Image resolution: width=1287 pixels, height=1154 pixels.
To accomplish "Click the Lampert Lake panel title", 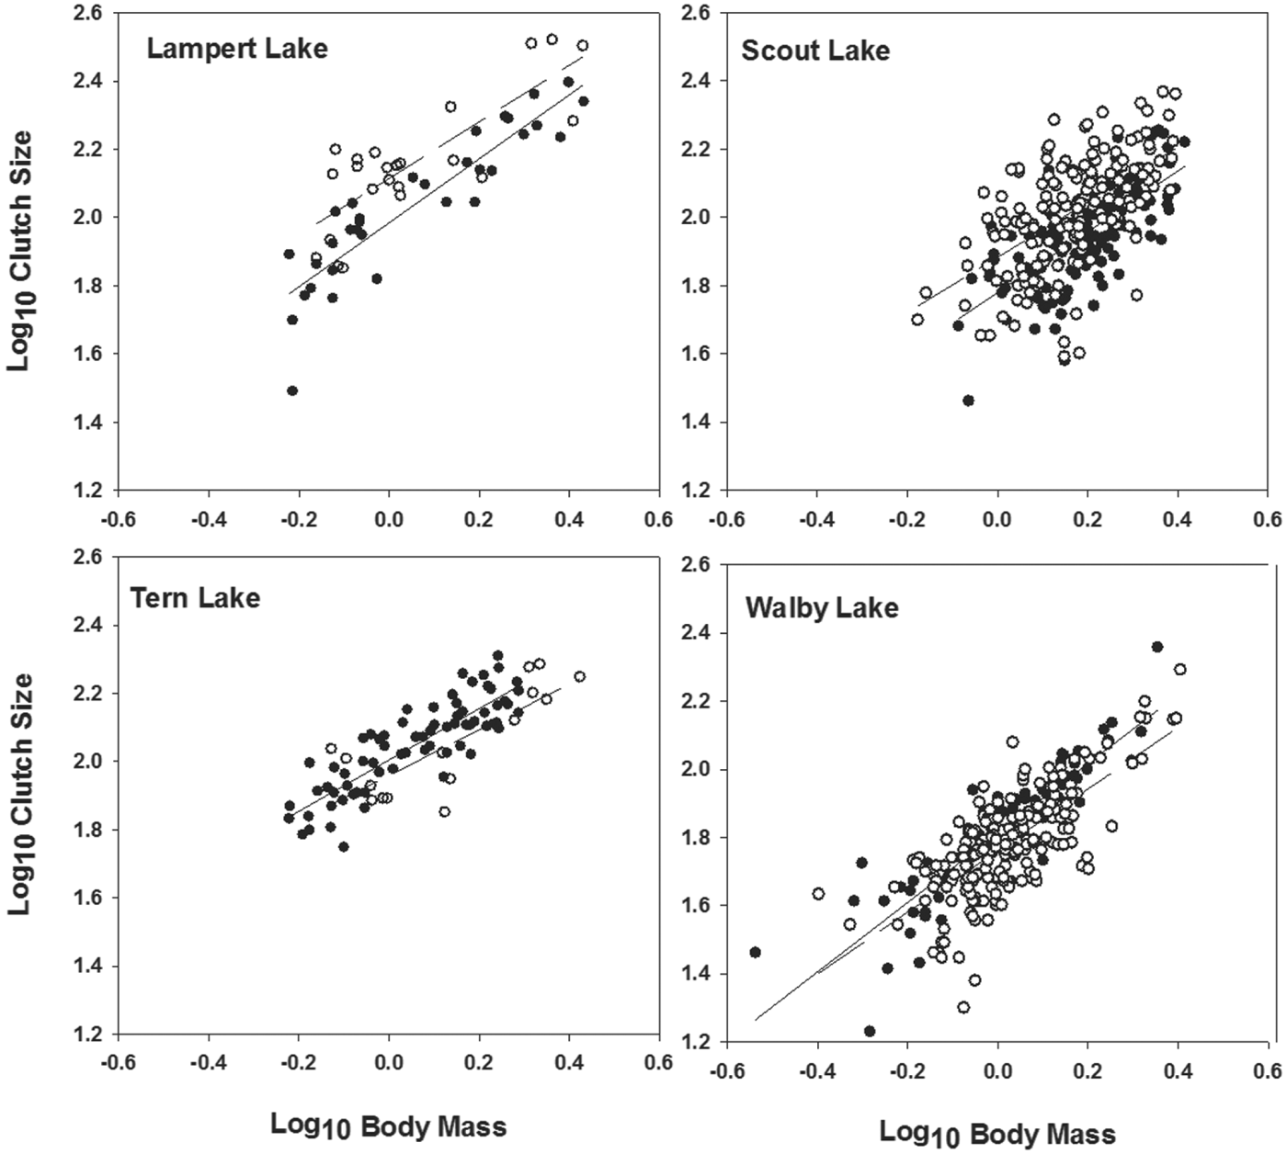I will [x=236, y=48].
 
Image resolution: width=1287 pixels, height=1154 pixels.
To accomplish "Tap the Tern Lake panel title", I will [x=195, y=598].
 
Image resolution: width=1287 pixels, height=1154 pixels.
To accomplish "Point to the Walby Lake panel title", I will [x=821, y=607].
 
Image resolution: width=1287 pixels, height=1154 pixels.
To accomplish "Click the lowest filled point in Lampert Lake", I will [x=292, y=390].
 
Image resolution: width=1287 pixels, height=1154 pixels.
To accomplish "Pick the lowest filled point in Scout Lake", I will [x=968, y=401].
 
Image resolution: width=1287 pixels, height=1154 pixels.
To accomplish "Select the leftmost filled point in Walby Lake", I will [x=756, y=952].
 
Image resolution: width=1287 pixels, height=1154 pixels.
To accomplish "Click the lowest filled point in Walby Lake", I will [x=870, y=1031].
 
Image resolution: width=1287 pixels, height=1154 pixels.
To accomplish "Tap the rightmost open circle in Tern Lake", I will [x=580, y=676].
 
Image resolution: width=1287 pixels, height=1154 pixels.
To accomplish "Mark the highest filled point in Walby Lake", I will [x=1157, y=647].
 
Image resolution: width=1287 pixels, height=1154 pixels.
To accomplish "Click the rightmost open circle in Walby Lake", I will [x=1180, y=669].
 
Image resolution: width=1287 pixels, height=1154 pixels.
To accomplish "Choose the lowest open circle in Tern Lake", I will [x=445, y=811].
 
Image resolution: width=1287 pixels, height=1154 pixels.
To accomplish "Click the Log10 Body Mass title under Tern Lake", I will [x=388, y=1126].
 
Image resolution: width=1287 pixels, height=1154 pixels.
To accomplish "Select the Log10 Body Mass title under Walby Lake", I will [x=997, y=1134].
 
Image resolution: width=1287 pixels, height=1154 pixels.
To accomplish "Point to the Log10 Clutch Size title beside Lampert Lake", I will [x=20, y=250].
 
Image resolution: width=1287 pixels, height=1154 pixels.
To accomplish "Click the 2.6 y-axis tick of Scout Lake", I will [x=697, y=13].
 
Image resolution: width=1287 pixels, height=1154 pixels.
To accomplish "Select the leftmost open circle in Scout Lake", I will [x=917, y=320].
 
